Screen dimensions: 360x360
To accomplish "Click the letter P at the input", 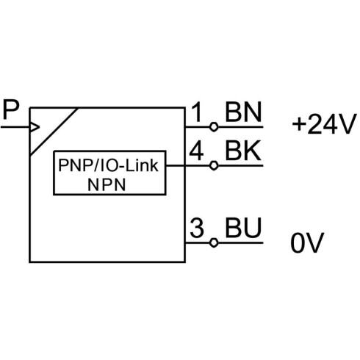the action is tap(11, 109).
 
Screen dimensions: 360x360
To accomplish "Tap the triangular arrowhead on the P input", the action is tap(35, 127).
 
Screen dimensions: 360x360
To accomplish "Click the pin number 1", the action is tap(197, 112).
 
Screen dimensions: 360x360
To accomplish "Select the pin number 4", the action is tap(196, 151).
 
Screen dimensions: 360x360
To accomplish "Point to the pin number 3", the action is tap(197, 228).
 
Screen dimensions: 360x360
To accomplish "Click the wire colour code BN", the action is tap(243, 112).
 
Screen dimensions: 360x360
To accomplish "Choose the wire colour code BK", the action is tap(243, 151).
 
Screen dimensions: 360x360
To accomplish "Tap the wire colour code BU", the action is tap(243, 228).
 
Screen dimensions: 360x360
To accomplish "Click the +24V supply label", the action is tap(323, 124).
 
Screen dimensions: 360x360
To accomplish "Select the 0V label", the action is tap(307, 242).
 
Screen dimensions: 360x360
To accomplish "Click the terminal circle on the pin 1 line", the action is tap(214, 127).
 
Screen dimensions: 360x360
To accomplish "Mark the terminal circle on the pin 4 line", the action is tap(214, 166).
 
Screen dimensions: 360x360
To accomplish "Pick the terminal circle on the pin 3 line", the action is tap(214, 242).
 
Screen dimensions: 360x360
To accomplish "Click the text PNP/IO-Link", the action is tap(108, 165).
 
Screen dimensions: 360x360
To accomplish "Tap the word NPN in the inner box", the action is tap(107, 185).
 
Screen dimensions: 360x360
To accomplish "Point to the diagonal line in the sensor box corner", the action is tap(54, 132).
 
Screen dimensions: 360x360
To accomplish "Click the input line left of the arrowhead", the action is tap(15, 127).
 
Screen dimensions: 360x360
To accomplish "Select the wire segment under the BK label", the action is tap(240, 166).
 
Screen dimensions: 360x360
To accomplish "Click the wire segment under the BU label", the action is tap(240, 242).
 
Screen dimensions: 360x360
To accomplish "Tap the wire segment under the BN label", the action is tap(240, 127).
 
